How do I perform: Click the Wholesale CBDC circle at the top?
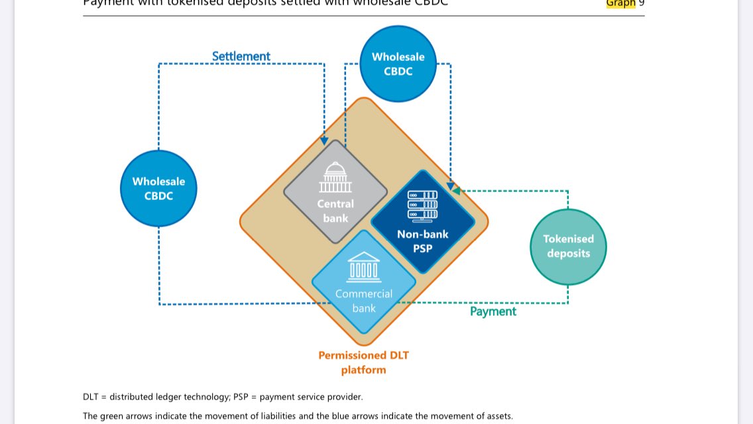click(x=398, y=64)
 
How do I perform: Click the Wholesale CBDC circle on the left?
click(x=158, y=188)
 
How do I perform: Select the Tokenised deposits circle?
click(x=568, y=246)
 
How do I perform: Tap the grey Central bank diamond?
click(x=335, y=191)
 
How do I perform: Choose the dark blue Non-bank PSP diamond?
click(x=422, y=222)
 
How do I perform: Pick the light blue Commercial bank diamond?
click(x=363, y=282)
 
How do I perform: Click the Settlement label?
click(x=241, y=56)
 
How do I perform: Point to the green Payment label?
click(x=492, y=311)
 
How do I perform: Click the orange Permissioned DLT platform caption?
click(x=363, y=362)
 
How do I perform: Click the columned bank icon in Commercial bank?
click(x=363, y=266)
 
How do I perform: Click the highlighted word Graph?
click(x=620, y=3)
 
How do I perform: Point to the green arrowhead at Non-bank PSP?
click(x=456, y=191)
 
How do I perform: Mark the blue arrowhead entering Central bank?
click(x=324, y=141)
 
